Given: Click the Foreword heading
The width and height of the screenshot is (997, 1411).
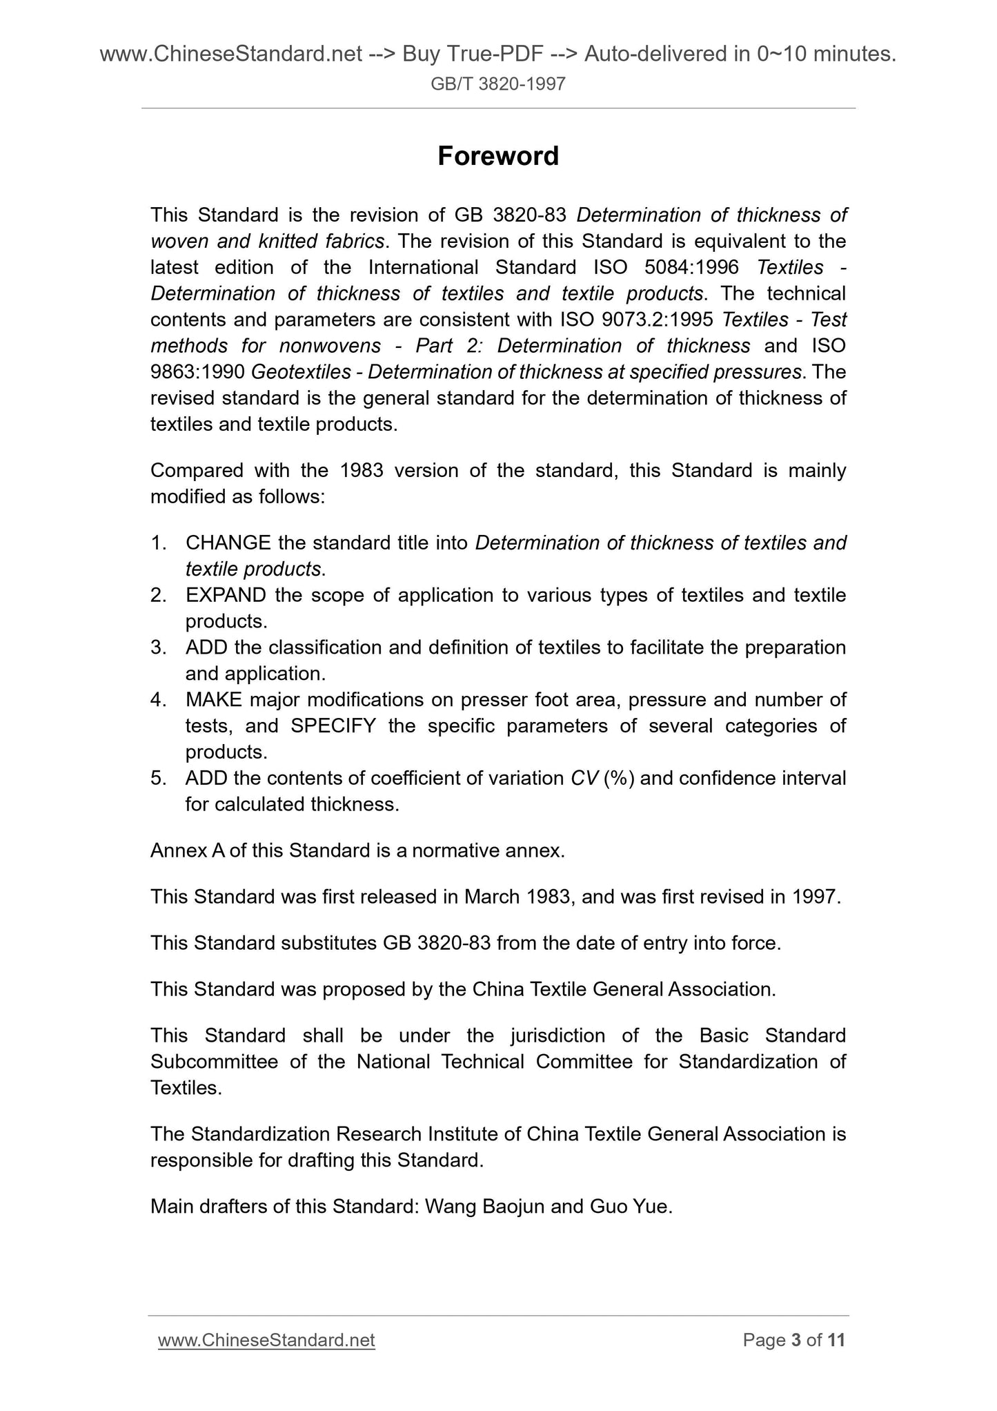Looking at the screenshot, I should tap(498, 157).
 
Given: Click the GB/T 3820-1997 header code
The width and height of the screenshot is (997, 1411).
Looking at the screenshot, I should tap(498, 84).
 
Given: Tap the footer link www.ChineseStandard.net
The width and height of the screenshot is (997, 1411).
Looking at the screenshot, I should tap(266, 1340).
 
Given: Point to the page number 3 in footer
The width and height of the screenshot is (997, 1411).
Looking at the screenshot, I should tap(796, 1340).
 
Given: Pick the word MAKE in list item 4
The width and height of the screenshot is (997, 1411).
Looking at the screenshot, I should tap(213, 700).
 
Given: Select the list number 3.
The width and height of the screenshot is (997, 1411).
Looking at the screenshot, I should tap(157, 648).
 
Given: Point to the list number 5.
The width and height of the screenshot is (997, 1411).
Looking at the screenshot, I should tap(157, 779).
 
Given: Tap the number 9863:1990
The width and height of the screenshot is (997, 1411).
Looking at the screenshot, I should tap(197, 373).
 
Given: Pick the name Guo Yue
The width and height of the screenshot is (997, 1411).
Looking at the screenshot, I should tap(631, 1207).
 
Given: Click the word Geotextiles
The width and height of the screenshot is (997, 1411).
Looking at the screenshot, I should tap(301, 373).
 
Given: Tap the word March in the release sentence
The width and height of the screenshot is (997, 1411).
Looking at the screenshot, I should tap(492, 897).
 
